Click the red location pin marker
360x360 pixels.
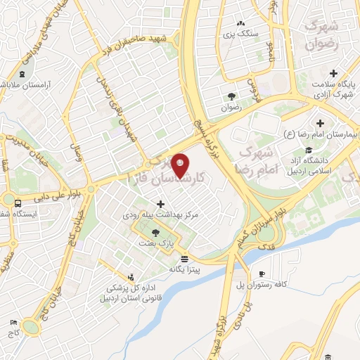(181, 165)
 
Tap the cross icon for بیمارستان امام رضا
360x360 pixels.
(321, 123)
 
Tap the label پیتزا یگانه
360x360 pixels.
(185, 269)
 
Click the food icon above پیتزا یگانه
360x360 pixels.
(185, 257)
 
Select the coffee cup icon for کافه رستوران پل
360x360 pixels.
(262, 274)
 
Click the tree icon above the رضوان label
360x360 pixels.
(231, 96)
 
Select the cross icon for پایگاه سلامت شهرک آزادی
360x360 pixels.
(333, 73)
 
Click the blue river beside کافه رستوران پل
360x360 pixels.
(281, 243)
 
